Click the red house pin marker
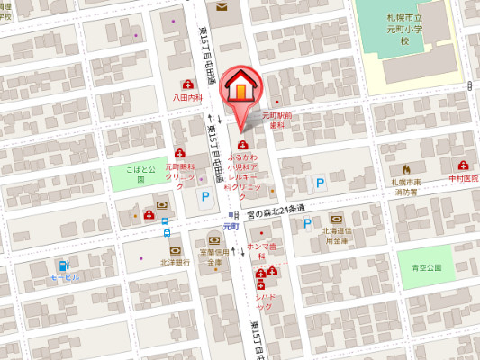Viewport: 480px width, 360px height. (x=242, y=87)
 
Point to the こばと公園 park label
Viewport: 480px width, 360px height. (x=140, y=175)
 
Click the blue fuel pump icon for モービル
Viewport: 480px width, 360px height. (x=63, y=265)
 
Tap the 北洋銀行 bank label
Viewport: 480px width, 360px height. (x=174, y=262)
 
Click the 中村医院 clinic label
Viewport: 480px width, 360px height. (x=465, y=178)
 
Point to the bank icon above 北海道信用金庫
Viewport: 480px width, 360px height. (x=337, y=219)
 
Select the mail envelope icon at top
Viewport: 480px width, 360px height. (x=222, y=8)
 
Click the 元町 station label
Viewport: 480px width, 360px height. (x=231, y=226)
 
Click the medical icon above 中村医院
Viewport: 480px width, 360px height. (x=463, y=166)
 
